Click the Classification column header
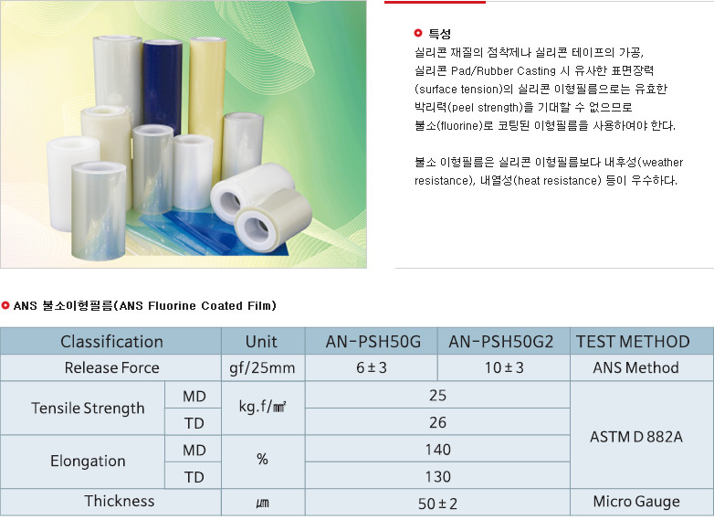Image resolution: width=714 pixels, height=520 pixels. click(x=111, y=342)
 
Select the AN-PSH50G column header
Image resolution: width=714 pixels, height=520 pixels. click(x=373, y=342)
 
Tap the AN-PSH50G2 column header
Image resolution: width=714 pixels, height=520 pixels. click(x=501, y=342)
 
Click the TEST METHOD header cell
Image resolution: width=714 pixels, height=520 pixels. click(x=633, y=342)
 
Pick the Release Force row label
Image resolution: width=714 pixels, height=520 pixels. click(x=112, y=367)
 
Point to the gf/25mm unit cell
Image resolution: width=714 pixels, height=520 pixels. click(x=262, y=368)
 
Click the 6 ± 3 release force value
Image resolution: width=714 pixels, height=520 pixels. click(x=372, y=367)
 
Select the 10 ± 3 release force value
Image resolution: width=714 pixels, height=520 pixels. click(x=504, y=367)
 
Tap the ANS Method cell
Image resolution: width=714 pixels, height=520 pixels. click(x=635, y=367)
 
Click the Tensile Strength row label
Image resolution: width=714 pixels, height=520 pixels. click(x=88, y=409)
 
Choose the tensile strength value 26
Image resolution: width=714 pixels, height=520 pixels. click(x=437, y=422)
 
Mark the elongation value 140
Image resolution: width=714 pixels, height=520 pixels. click(x=437, y=450)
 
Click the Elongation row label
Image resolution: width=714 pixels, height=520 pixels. click(x=88, y=462)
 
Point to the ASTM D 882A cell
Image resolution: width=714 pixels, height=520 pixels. click(x=636, y=437)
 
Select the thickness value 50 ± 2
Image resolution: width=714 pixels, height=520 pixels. click(x=437, y=504)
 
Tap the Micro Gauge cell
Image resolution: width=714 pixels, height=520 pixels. click(x=636, y=502)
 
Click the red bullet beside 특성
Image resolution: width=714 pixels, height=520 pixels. click(x=418, y=33)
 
